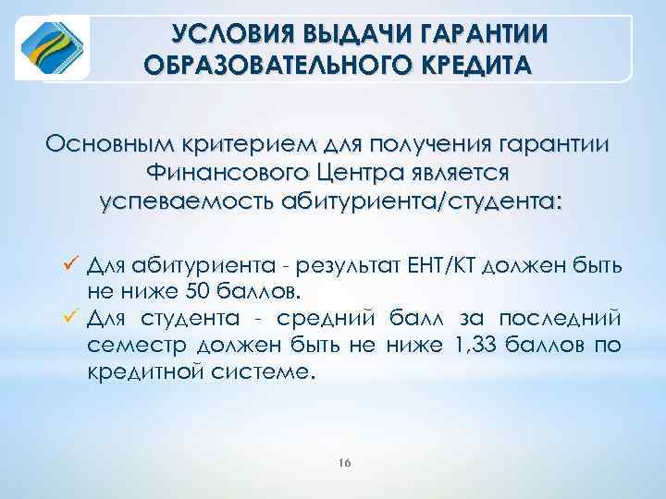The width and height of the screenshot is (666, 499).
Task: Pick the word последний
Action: pyautogui.click(x=561, y=320)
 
